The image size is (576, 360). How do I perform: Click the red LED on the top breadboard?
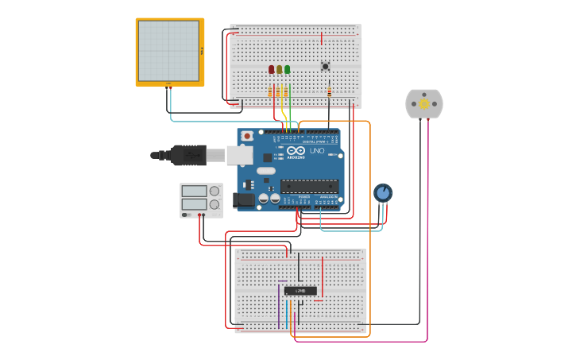click(x=271, y=70)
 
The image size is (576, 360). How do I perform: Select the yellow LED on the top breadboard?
click(x=279, y=70)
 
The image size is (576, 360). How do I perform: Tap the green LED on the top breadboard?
click(x=287, y=70)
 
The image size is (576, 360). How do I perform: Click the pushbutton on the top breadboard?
click(x=325, y=67)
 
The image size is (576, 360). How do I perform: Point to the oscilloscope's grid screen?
click(x=168, y=51)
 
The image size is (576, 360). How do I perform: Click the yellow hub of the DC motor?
click(x=424, y=103)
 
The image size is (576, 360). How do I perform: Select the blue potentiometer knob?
click(x=383, y=192)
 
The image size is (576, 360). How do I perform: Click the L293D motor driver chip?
click(x=300, y=291)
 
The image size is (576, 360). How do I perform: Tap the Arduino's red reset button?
click(x=247, y=136)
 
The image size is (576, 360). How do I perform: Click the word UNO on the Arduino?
click(x=316, y=150)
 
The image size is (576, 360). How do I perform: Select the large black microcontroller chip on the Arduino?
click(x=309, y=186)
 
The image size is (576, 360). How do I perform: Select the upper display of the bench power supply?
click(x=195, y=191)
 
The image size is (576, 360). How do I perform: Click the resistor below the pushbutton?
click(x=329, y=92)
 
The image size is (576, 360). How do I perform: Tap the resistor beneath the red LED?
click(x=271, y=92)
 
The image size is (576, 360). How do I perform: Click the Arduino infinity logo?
click(x=296, y=150)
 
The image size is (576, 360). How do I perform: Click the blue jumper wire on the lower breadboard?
click(x=287, y=312)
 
